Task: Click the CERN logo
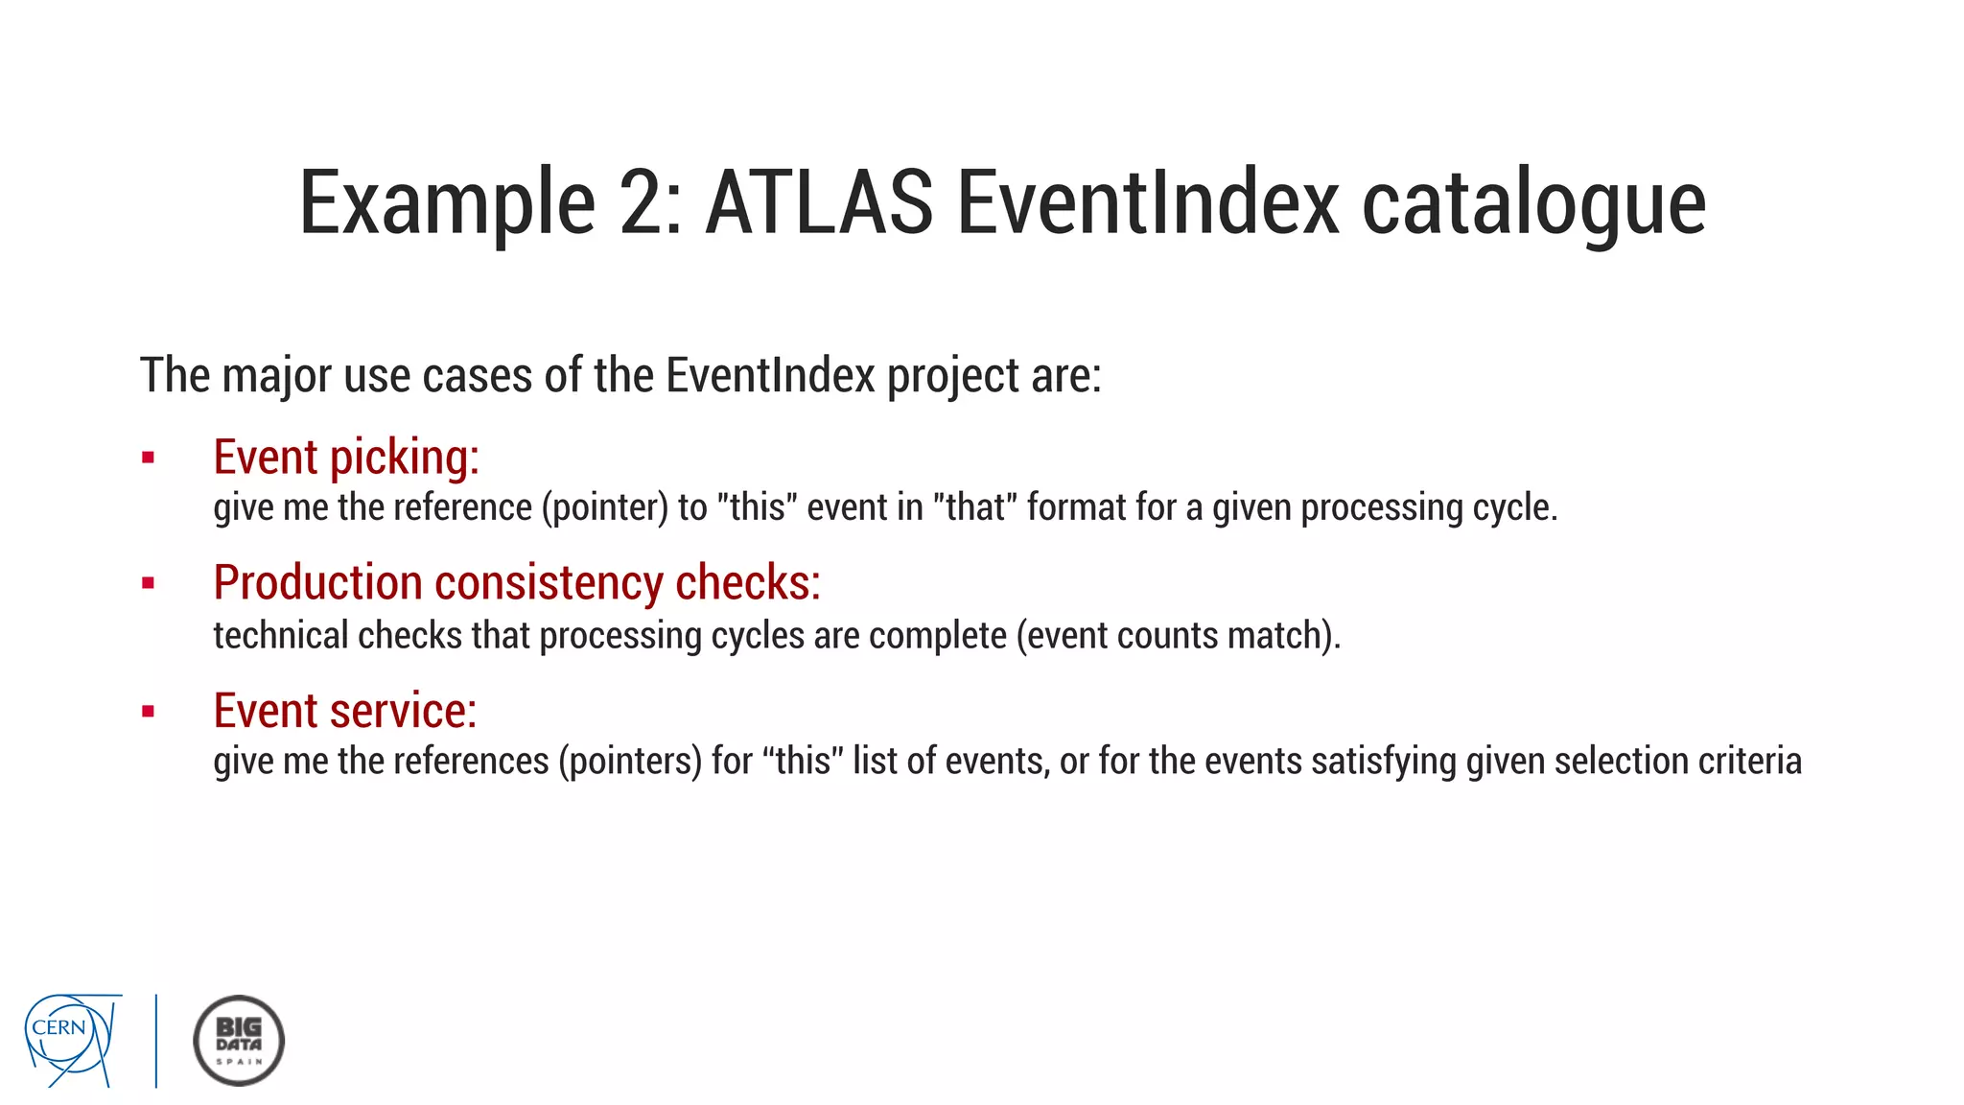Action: [72, 1040]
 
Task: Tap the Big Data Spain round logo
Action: [239, 1041]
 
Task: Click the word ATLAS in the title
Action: [819, 202]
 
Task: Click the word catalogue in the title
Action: [1533, 204]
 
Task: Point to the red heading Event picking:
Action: [345, 457]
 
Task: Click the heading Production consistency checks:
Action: [517, 582]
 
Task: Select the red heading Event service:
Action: [344, 711]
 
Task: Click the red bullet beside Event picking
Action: [148, 458]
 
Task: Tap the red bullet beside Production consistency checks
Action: [148, 583]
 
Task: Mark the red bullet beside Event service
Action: [148, 712]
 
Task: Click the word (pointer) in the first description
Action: [604, 507]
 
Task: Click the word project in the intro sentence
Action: [952, 375]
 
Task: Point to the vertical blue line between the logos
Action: [156, 1041]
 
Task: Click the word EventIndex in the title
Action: [1147, 202]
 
